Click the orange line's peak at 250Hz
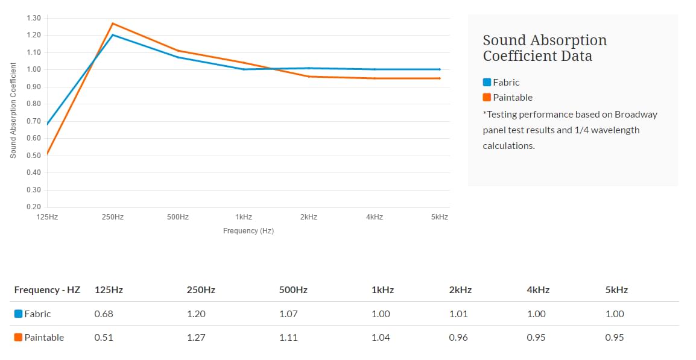pos(113,24)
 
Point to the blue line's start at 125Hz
pos(48,124)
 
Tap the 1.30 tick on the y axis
pos(34,18)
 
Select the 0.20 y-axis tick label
pos(34,207)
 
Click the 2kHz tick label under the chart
pos(309,217)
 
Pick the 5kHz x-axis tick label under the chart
pos(440,217)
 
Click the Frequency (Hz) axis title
pos(248,231)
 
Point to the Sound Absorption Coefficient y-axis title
pos(13,110)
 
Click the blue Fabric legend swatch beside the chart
pos(487,83)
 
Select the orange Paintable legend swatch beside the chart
pos(487,98)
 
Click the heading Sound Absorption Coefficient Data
pos(545,48)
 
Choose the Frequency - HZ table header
pos(47,290)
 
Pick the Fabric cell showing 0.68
pos(104,314)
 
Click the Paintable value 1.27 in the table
pos(196,338)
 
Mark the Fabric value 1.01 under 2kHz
pos(458,314)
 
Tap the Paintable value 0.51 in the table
pos(103,338)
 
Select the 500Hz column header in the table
pos(293,290)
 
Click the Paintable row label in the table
pos(44,338)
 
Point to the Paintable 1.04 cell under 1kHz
pos(381,338)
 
